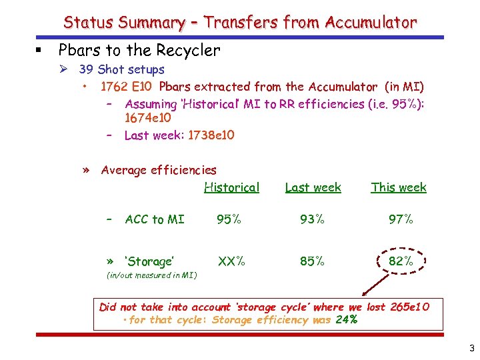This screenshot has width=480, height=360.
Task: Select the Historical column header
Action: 231,187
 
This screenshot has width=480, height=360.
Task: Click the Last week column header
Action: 313,187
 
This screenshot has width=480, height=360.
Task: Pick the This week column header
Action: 398,187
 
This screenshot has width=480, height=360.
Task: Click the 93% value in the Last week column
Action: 312,219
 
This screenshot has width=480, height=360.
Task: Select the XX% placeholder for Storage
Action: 231,261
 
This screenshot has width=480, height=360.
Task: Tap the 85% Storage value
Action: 312,261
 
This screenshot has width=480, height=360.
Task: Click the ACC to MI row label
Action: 155,219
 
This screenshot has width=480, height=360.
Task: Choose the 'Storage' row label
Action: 149,261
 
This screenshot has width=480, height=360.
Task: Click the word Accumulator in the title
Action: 371,23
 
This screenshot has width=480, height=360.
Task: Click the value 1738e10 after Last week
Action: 211,135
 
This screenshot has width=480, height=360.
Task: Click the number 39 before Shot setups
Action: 86,69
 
